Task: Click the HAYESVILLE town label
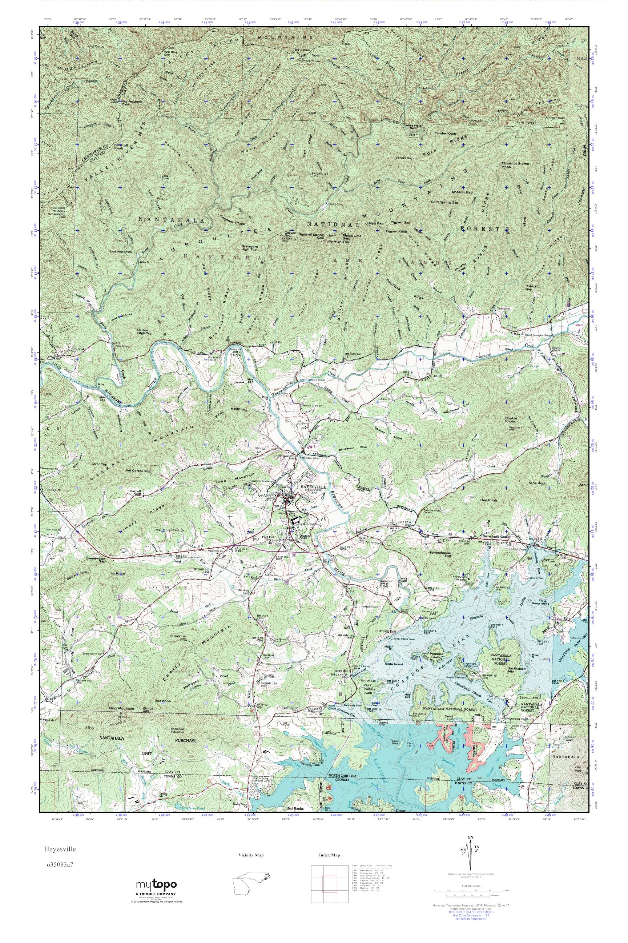coord(311,486)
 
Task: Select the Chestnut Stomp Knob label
coord(515,165)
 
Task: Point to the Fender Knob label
coord(445,133)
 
